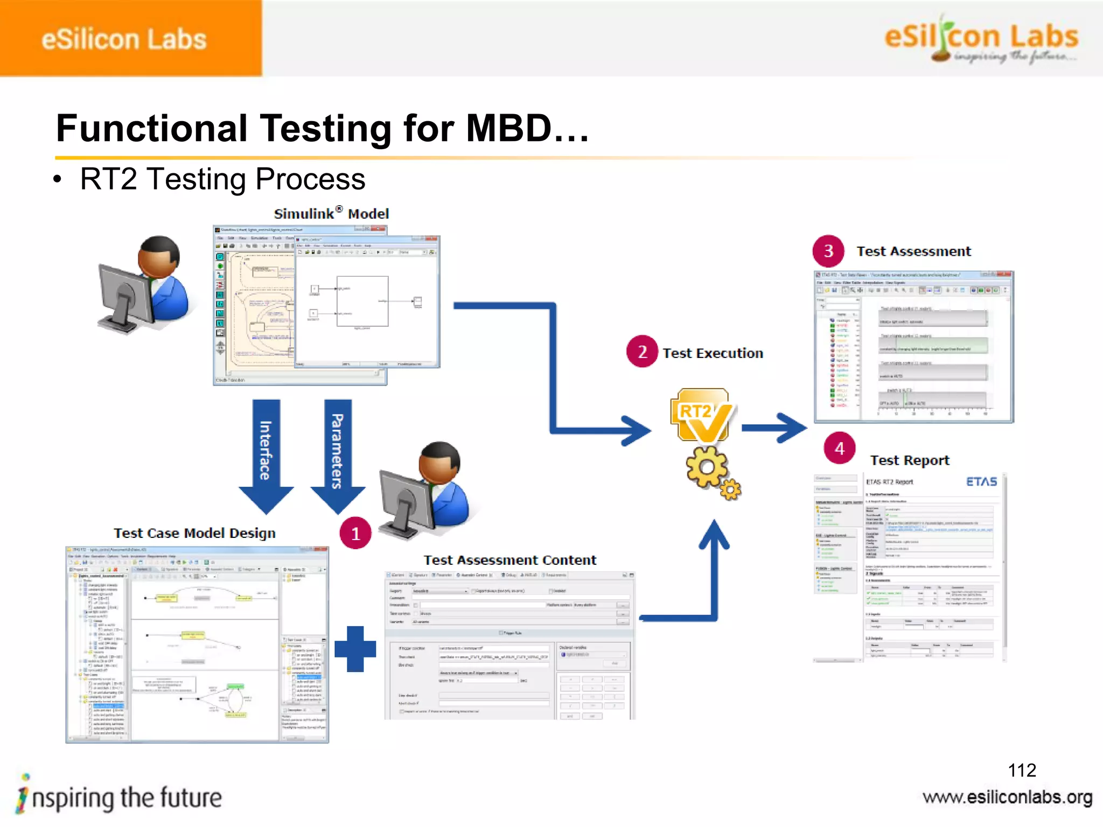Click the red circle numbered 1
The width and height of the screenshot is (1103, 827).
(355, 533)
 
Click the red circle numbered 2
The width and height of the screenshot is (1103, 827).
(642, 352)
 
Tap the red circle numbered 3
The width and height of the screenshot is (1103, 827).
(829, 250)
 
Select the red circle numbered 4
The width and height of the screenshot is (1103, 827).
(840, 448)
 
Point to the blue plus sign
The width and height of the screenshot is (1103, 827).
(355, 649)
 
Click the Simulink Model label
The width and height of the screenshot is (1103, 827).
(331, 214)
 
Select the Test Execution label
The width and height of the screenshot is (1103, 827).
(713, 353)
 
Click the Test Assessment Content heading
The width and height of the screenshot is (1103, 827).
(509, 560)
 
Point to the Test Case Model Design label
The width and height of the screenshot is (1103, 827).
(194, 533)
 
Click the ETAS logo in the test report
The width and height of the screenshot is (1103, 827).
(981, 481)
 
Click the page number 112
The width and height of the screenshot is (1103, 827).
(1022, 770)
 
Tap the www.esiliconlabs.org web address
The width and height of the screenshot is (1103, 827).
(1007, 797)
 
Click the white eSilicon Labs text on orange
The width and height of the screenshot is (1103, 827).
(124, 39)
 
